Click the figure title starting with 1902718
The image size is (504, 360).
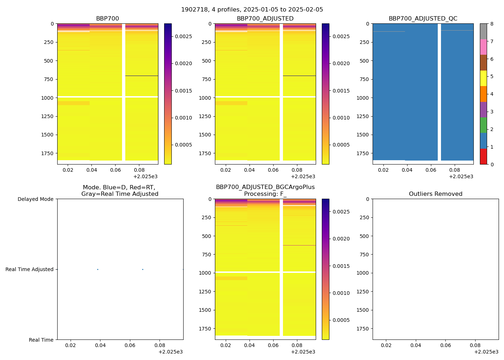(252, 10)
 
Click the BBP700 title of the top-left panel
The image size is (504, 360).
(107, 19)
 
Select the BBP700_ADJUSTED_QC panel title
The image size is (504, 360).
(423, 19)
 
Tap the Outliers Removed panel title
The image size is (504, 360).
(436, 194)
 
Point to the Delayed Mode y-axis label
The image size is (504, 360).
(35, 199)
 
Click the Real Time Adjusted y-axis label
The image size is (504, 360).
(30, 269)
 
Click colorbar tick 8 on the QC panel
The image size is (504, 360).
(492, 24)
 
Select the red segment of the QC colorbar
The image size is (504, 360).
(483, 157)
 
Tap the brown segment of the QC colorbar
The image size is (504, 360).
(483, 63)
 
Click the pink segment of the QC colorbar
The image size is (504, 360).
(483, 47)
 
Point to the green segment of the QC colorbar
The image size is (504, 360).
(483, 125)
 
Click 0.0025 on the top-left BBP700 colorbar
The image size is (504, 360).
(184, 36)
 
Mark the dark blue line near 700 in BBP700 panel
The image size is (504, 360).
(141, 76)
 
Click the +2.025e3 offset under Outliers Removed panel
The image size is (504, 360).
(486, 352)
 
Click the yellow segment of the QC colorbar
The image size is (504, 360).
(483, 78)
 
